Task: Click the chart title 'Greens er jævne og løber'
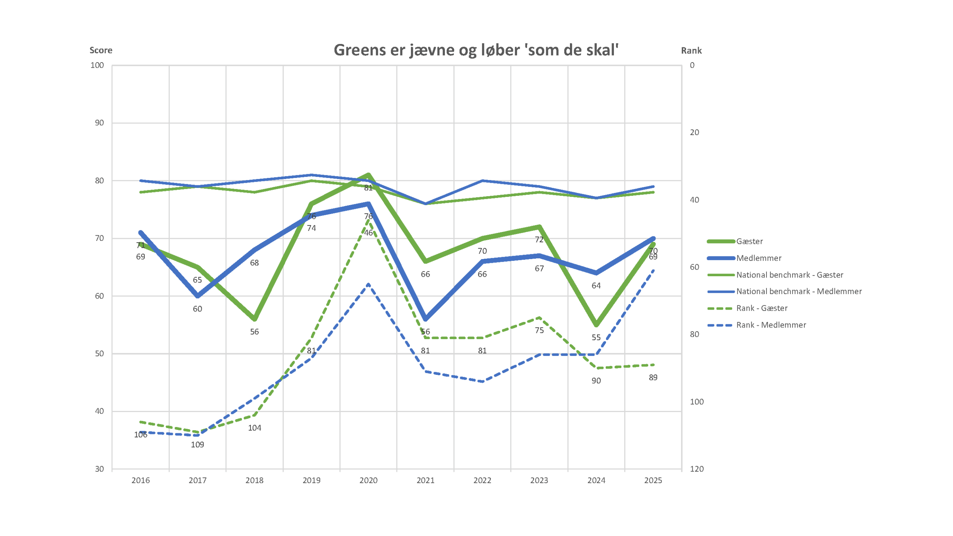pyautogui.click(x=476, y=50)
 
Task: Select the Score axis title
pyautogui.click(x=101, y=50)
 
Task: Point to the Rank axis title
pyautogui.click(x=691, y=51)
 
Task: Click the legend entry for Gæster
pyautogui.click(x=749, y=241)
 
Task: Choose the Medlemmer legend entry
pyautogui.click(x=758, y=258)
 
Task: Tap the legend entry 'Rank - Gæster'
pyautogui.click(x=761, y=308)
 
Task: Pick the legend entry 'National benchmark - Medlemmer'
pyautogui.click(x=799, y=291)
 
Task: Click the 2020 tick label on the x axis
pyautogui.click(x=368, y=480)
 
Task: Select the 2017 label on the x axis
pyautogui.click(x=197, y=480)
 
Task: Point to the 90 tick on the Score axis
pyautogui.click(x=99, y=123)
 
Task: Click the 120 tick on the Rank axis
pyautogui.click(x=697, y=469)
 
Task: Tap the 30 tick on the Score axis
pyautogui.click(x=99, y=469)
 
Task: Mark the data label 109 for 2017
pyautogui.click(x=197, y=445)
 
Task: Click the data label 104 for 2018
pyautogui.click(x=255, y=428)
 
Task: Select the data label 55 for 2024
pyautogui.click(x=596, y=338)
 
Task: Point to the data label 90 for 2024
pyautogui.click(x=596, y=381)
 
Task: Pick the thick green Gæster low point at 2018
pyautogui.click(x=255, y=319)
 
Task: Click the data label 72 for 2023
pyautogui.click(x=539, y=240)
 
